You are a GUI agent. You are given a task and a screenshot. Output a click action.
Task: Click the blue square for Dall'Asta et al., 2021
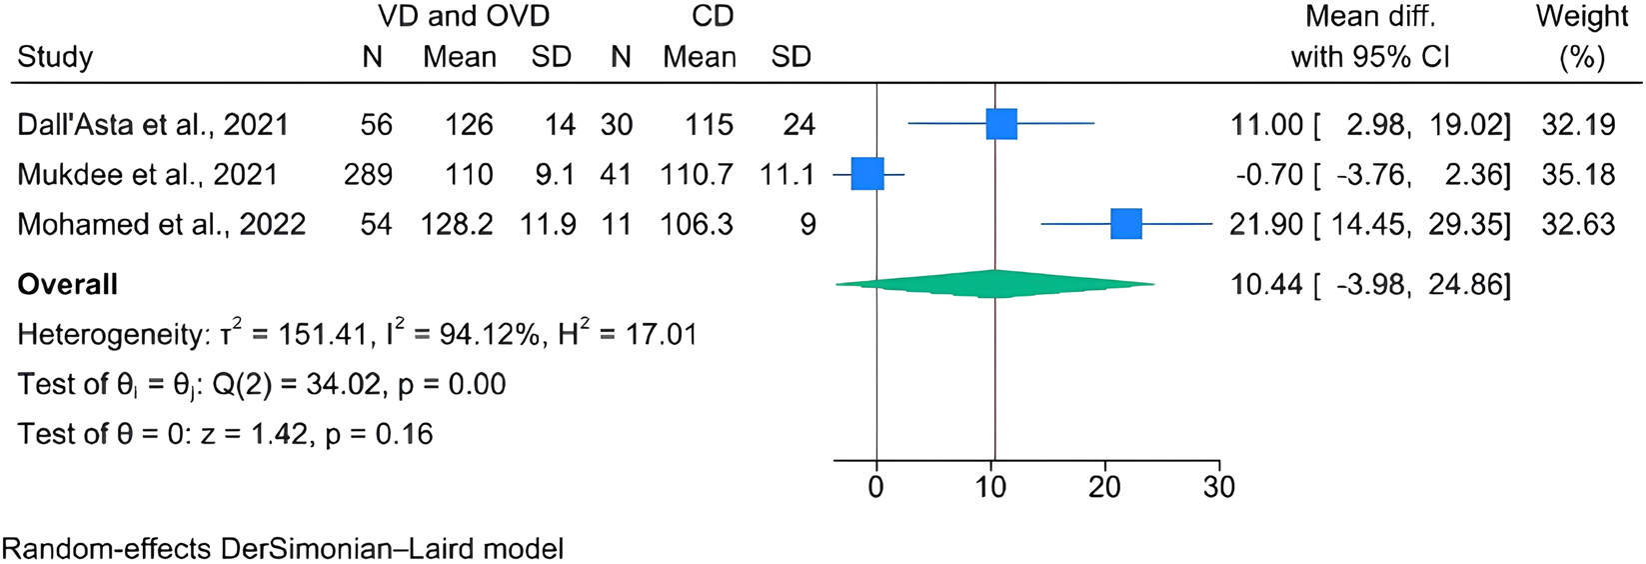tap(1000, 124)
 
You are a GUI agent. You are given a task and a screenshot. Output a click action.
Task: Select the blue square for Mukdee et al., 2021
tap(867, 174)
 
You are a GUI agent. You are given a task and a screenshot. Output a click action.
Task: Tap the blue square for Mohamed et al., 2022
tap(1126, 224)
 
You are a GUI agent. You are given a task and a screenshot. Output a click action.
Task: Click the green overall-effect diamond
tap(994, 284)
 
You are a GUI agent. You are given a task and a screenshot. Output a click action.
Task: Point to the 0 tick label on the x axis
tap(876, 487)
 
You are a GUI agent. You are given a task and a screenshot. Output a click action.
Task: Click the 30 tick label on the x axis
tap(1219, 487)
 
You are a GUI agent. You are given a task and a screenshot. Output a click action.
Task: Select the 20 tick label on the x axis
tap(1105, 487)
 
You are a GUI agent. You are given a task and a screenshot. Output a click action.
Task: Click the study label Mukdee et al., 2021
tap(147, 174)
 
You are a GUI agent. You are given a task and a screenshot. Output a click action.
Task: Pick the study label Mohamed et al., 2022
tap(161, 224)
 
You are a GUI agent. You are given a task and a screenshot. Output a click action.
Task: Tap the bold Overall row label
tap(68, 284)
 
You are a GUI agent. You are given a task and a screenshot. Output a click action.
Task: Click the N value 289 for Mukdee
tap(368, 174)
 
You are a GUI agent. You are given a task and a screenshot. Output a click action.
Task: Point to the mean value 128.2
tap(458, 224)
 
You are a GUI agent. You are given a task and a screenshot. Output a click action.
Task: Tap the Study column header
tap(55, 57)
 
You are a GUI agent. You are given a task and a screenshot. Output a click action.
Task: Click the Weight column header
tap(1582, 17)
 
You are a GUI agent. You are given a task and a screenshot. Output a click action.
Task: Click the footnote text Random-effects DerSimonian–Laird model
tap(283, 548)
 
